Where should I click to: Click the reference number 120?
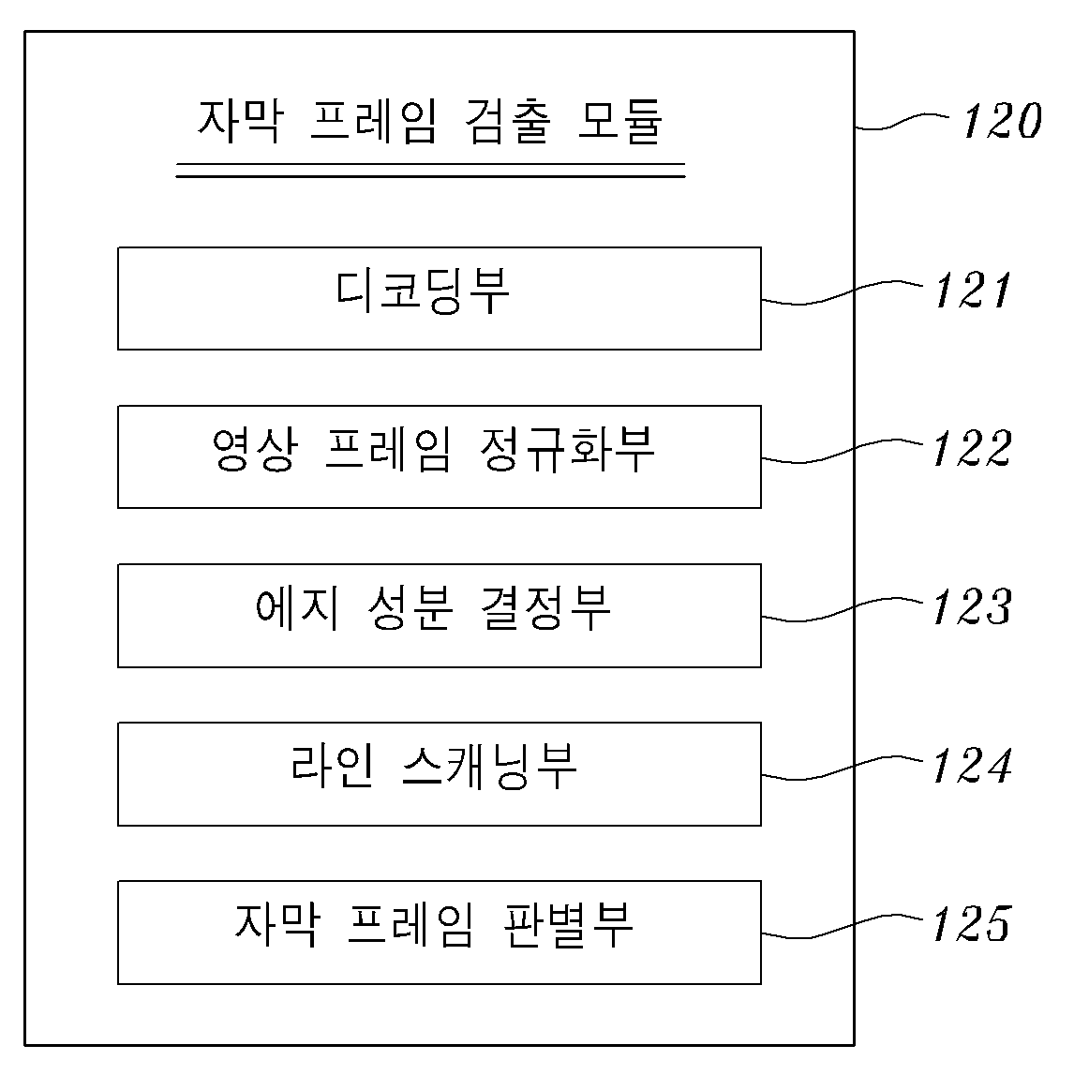[1002, 121]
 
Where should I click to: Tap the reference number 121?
[973, 291]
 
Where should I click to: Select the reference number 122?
[973, 448]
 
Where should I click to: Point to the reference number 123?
[973, 607]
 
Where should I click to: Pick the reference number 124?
[973, 766]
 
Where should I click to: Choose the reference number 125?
[973, 923]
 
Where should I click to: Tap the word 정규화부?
[567, 449]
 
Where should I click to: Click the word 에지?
[297, 607]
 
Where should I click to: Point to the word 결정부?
[545, 607]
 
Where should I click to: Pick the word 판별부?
[567, 925]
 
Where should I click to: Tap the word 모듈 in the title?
[620, 121]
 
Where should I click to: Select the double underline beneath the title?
[430, 171]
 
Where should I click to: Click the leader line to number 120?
[902, 122]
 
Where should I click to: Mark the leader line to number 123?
[843, 609]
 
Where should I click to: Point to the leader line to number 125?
[843, 926]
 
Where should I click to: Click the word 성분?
[410, 607]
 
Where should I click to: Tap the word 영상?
[255, 449]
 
